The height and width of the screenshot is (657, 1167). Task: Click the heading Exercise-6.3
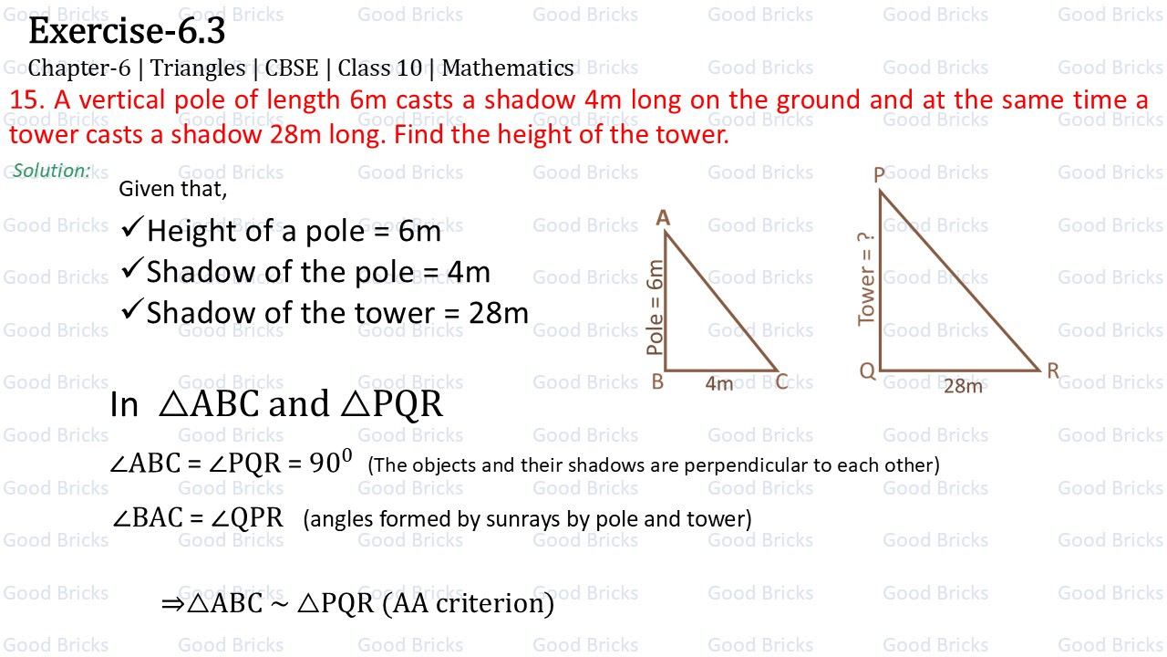click(x=127, y=32)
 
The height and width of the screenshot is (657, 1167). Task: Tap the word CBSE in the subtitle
click(x=292, y=68)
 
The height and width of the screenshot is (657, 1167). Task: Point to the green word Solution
click(x=51, y=171)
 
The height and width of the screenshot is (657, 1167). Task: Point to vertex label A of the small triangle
click(x=663, y=217)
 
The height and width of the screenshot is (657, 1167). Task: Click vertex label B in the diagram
click(x=657, y=382)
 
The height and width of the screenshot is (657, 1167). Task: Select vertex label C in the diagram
click(x=781, y=382)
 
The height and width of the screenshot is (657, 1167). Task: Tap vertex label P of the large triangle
click(x=880, y=174)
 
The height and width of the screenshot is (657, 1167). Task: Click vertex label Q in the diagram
click(x=867, y=371)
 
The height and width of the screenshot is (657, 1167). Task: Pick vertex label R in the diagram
click(x=1053, y=371)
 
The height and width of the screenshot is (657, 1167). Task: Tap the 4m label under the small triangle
click(x=719, y=384)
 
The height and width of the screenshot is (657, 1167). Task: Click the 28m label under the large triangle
click(x=963, y=386)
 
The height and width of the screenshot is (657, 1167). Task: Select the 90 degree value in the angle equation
click(x=330, y=463)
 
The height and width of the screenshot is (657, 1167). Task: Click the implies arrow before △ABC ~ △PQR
click(x=172, y=603)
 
